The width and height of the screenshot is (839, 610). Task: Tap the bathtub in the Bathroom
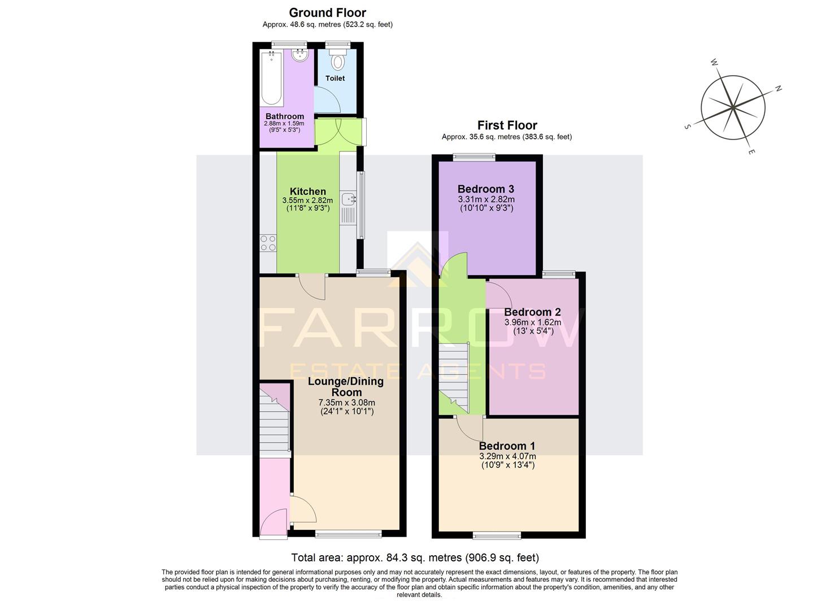point(272,78)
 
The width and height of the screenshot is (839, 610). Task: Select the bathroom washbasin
point(299,55)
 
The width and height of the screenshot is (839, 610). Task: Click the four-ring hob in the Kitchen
point(268,243)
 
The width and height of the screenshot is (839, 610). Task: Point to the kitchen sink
point(349,199)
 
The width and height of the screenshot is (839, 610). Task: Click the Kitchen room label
point(307,191)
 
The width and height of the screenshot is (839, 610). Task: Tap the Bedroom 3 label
point(486,189)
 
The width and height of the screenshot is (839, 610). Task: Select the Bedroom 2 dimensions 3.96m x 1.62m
point(532,323)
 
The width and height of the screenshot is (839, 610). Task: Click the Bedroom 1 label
point(507,446)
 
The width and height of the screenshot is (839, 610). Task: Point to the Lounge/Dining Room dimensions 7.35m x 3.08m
point(346,403)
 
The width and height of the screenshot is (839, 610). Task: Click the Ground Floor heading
point(327,12)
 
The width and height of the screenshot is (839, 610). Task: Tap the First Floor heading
point(507,125)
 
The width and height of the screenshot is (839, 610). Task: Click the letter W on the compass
point(714,62)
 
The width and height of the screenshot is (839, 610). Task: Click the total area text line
point(415,558)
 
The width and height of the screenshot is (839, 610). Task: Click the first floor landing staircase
point(454,377)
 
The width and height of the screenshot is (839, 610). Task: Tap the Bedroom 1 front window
point(497,534)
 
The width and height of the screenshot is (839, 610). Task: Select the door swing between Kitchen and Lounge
point(312,286)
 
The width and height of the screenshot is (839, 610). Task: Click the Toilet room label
point(335,78)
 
